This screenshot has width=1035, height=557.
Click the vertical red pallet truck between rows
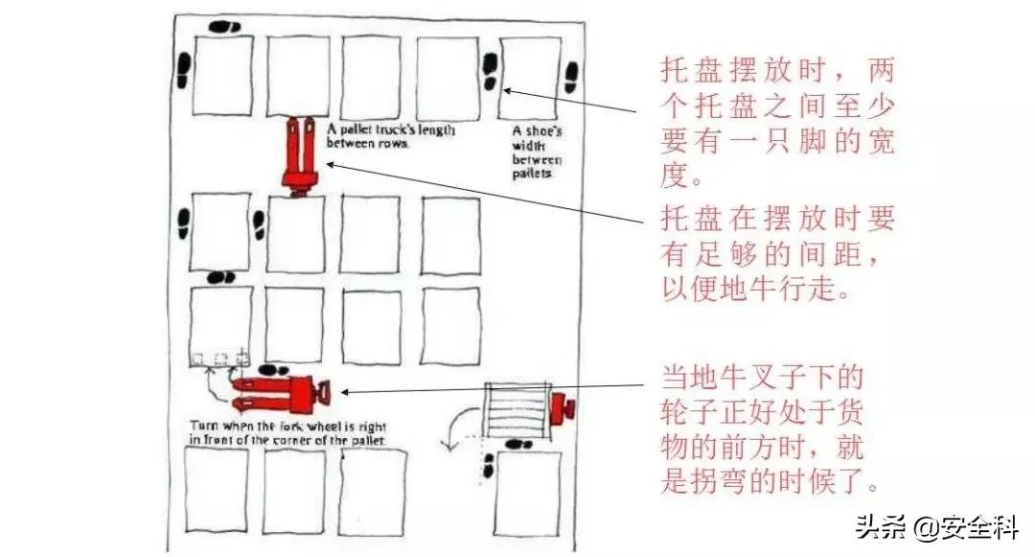click(x=299, y=153)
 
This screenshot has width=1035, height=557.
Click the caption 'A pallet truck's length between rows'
click(x=390, y=135)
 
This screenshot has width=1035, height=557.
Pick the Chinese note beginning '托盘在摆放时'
click(x=777, y=254)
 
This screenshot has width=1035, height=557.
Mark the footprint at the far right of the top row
click(x=571, y=77)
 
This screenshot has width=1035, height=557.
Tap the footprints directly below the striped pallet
click(x=518, y=444)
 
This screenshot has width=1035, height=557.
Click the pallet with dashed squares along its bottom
click(x=220, y=326)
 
